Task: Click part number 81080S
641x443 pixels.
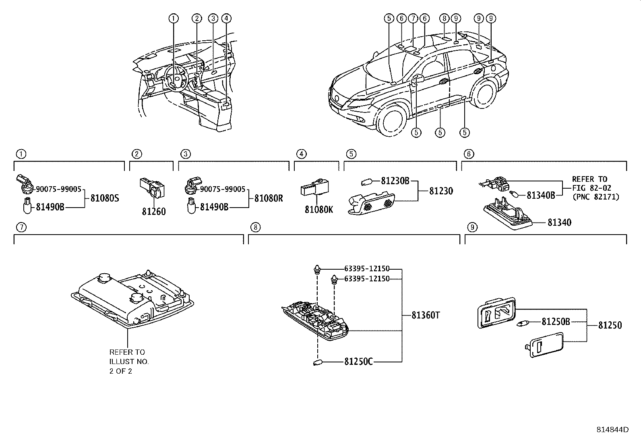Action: [105, 198]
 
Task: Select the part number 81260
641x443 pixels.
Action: [153, 212]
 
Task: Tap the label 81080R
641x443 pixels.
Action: [269, 198]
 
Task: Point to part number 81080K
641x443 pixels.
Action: [319, 210]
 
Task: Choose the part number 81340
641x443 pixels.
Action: [559, 223]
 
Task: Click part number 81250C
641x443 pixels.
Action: [358, 362]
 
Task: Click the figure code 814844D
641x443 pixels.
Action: [612, 430]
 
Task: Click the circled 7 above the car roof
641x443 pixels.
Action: [412, 18]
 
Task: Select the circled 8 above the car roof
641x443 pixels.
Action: [444, 18]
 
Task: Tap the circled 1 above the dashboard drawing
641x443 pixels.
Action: [173, 18]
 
